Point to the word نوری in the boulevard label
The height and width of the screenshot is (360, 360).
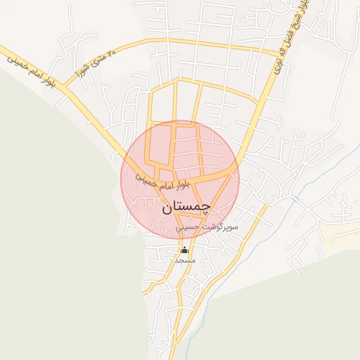pyautogui.click(x=278, y=68)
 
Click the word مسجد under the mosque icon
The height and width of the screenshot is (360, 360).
pyautogui.click(x=184, y=260)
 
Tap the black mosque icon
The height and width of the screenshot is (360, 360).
pyautogui.click(x=184, y=250)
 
